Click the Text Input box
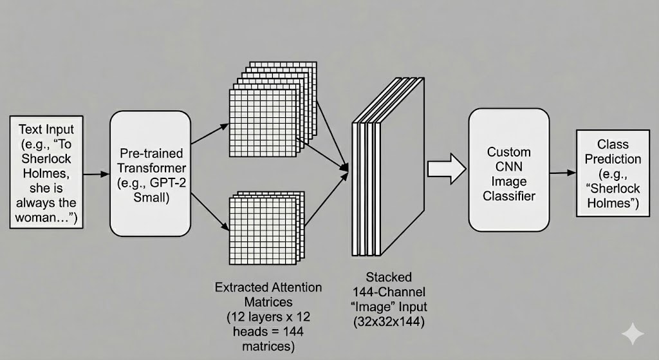46,173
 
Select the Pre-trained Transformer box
151,173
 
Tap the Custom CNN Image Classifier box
508,170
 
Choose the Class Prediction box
612,172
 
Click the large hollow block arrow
447,169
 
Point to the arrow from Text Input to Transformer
97,174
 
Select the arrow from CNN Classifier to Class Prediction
562,173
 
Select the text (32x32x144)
388,319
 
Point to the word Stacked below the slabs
388,277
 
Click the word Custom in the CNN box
508,153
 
